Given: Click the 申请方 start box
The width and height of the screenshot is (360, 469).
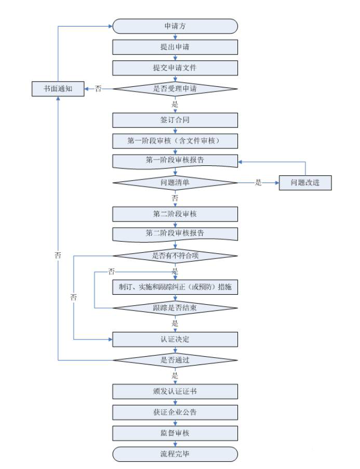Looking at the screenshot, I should coord(175,26).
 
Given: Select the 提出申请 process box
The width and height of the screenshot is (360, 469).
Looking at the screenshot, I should coord(175,47).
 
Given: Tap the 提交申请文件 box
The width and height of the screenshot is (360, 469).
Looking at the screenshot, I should coord(175,68).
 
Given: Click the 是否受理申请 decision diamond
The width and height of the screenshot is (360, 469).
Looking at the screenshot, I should coord(175,89).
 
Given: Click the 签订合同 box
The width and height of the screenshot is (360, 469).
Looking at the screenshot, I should coord(175,120).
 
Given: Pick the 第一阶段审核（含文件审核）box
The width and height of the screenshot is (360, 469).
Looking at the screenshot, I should coord(175,141).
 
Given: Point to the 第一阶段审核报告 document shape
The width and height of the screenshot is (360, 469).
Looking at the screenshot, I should coord(175,161).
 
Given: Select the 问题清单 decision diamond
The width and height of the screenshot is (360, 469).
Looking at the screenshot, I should coord(175,183).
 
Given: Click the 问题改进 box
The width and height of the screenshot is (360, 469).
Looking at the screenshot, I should coord(305,183).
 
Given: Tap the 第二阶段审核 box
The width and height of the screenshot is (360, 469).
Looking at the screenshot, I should coord(175,214).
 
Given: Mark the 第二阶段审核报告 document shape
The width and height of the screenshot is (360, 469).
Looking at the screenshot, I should coord(175,234).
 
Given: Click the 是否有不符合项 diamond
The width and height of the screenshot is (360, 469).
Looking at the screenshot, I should coord(175,256).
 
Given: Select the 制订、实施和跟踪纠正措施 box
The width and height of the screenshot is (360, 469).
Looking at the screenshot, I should coord(175,287).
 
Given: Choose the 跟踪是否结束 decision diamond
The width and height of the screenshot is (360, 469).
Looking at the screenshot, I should coord(175,308).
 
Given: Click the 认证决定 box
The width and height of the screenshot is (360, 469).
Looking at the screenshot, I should coord(175,340).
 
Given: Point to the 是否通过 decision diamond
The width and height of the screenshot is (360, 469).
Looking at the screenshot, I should coord(175,360).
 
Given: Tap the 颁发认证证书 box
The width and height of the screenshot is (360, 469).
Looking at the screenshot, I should coord(175,391).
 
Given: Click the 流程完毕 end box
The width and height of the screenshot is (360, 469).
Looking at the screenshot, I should coord(175,454).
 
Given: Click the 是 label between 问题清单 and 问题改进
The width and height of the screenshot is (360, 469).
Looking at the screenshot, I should coord(258,183).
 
